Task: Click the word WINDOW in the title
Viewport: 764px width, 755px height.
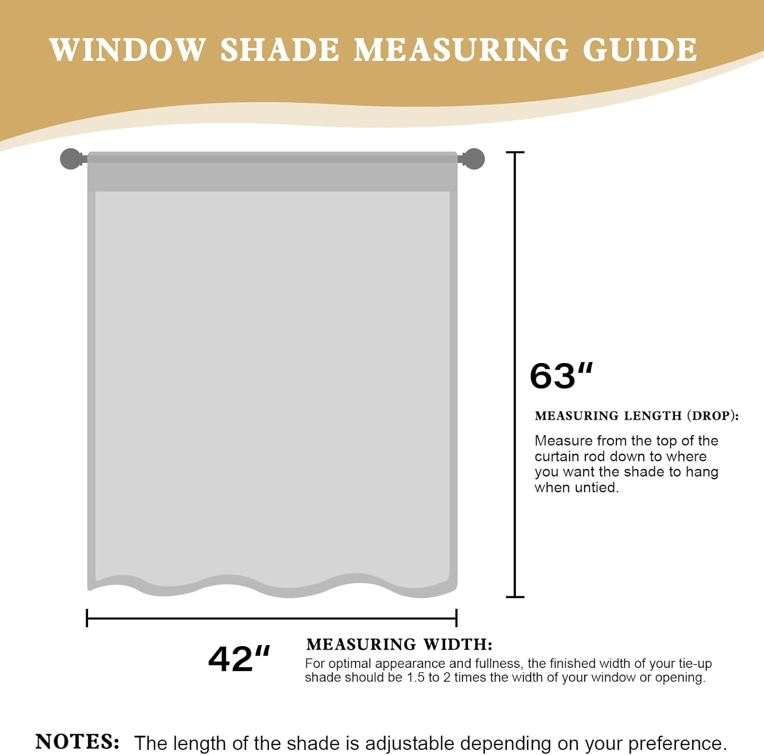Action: [x=127, y=50]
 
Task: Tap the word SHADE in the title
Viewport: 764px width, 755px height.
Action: [x=280, y=50]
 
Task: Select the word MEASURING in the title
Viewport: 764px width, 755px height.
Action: [x=460, y=50]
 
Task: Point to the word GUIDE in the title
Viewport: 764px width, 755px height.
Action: [x=640, y=50]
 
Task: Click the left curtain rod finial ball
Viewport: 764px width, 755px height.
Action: [x=71, y=159]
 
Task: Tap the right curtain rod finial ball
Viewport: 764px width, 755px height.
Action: [x=474, y=159]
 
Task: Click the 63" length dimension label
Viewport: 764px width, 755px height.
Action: [x=561, y=376]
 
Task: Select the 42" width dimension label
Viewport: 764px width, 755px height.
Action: [x=239, y=659]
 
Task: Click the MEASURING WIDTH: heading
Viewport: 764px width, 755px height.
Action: [x=399, y=645]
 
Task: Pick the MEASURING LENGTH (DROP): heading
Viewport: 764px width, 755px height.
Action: [x=636, y=416]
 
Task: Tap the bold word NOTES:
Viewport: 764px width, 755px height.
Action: [x=77, y=741]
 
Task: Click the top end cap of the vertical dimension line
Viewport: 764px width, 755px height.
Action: [x=515, y=152]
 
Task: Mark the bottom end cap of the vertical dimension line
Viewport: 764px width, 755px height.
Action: [x=515, y=596]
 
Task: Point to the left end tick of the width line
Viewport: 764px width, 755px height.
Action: [x=87, y=618]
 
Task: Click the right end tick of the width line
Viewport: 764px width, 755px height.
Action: [x=456, y=618]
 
